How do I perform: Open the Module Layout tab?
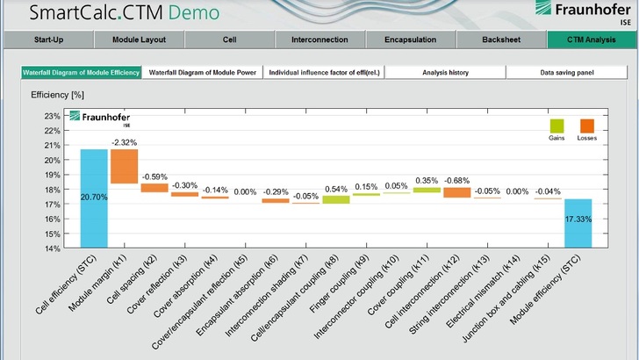tap(139, 40)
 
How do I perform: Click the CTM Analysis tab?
tap(591, 40)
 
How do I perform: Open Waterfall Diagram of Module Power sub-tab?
tap(203, 73)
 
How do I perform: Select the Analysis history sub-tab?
tap(445, 73)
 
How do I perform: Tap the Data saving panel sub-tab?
tap(567, 73)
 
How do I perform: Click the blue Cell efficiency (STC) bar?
tap(94, 198)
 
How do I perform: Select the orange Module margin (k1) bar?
tap(124, 166)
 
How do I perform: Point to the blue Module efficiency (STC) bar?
tap(578, 223)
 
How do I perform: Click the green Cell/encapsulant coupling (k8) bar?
tap(335, 199)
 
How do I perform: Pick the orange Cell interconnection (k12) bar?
tap(456, 192)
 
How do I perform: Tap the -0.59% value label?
tap(154, 176)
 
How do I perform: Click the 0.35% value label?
tap(427, 181)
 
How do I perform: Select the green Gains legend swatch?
tap(556, 126)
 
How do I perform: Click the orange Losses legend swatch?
tap(586, 126)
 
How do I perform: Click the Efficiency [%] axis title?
tap(57, 94)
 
